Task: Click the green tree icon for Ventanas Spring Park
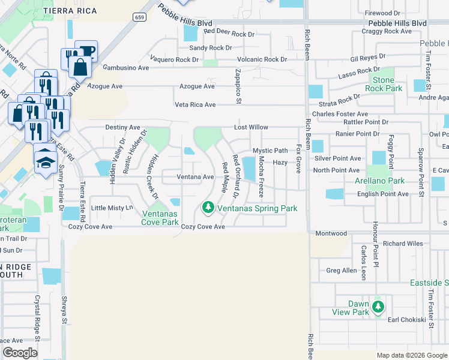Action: pos(208,208)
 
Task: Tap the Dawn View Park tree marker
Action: pos(378,307)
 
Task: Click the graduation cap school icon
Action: pos(45,160)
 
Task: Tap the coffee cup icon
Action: pos(86,51)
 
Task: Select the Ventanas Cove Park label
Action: pos(160,218)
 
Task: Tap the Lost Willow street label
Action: pos(251,128)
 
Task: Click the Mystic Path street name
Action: pos(270,151)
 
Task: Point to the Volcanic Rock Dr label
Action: pos(262,59)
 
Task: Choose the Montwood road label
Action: pos(331,233)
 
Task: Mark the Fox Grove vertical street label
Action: pos(298,158)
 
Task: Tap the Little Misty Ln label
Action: pos(110,208)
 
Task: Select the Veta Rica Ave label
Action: pos(195,104)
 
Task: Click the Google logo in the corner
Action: pos(20,353)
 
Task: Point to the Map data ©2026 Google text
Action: pos(411,355)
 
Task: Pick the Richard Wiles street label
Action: pos(403,244)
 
